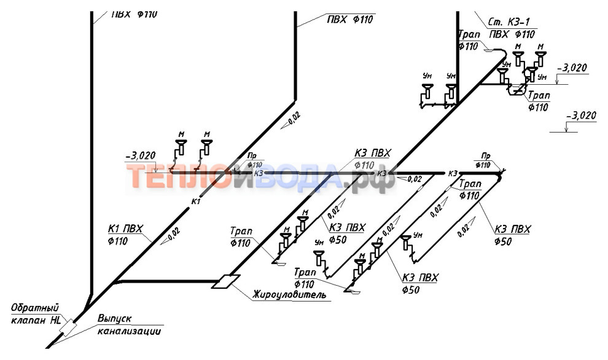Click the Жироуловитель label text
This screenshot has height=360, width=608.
tap(289, 295)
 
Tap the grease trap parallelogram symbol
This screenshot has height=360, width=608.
tap(224, 281)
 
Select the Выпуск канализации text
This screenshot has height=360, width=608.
tap(128, 326)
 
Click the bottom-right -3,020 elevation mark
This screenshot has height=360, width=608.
tap(580, 115)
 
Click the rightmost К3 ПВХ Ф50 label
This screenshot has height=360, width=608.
tap(512, 235)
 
